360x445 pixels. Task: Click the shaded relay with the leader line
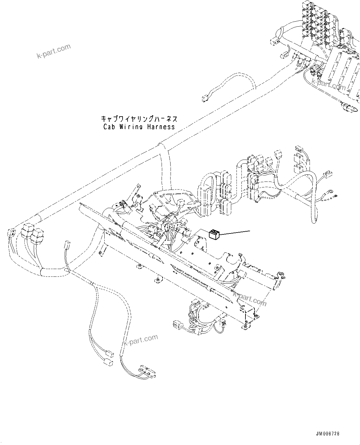pyautogui.click(x=214, y=235)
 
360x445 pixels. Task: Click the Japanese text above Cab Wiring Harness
pyautogui.click(x=139, y=119)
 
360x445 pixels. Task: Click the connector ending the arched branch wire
pyautogui.click(x=204, y=99)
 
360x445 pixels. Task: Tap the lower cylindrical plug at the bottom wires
pyautogui.click(x=108, y=362)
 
